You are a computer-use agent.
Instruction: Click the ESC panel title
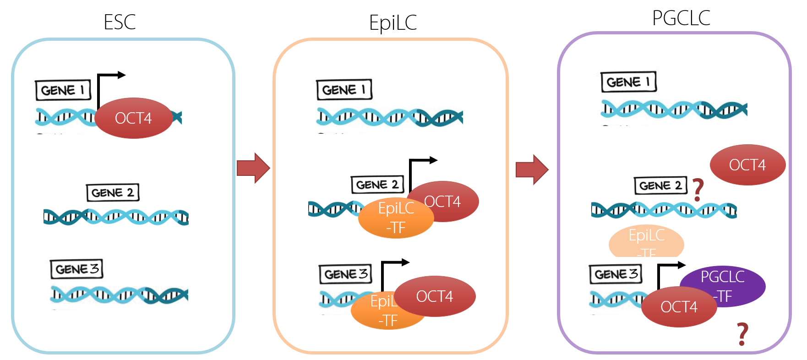pyautogui.click(x=120, y=22)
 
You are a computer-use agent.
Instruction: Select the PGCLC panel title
pyautogui.click(x=681, y=18)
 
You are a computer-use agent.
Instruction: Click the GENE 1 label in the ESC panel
pyautogui.click(x=63, y=90)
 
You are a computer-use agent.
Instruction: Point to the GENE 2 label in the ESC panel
pyautogui.click(x=113, y=192)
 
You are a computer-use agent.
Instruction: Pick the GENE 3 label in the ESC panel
pyautogui.click(x=76, y=269)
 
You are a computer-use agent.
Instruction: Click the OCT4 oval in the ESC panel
pyautogui.click(x=133, y=118)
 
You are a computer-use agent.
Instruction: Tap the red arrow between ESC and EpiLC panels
pyautogui.click(x=253, y=168)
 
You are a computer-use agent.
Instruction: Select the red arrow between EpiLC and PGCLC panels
pyautogui.click(x=532, y=169)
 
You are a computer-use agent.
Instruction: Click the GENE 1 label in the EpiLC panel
pyautogui.click(x=344, y=89)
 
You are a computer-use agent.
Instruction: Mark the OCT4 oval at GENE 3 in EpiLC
pyautogui.click(x=435, y=296)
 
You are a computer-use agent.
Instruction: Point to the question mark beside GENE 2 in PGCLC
pyautogui.click(x=698, y=190)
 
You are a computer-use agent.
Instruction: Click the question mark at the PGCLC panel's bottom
pyautogui.click(x=742, y=334)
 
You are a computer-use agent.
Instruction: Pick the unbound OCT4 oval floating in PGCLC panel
pyautogui.click(x=747, y=165)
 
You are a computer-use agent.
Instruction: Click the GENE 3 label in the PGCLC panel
pyautogui.click(x=616, y=274)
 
